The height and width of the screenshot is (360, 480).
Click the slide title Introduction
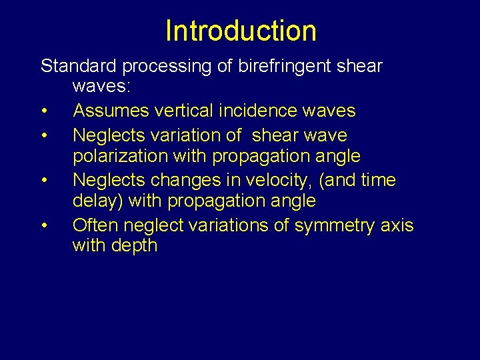[241, 31]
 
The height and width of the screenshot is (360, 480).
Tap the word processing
[155, 66]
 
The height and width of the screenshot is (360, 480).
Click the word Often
[93, 225]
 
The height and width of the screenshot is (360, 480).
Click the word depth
[135, 245]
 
